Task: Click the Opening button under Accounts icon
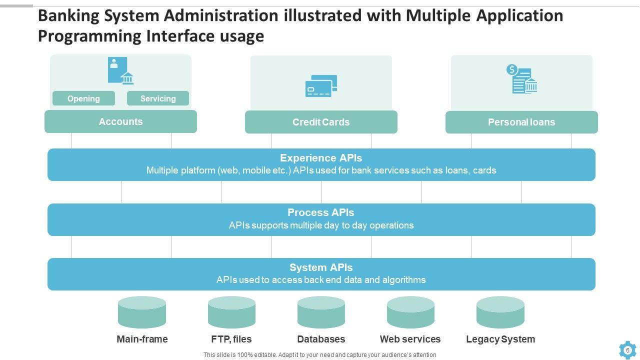coord(83,98)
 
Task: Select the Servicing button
coord(158,98)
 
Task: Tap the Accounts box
coord(120,121)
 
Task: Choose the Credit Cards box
coord(321,122)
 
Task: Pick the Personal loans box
coord(521,122)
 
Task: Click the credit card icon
coord(321,86)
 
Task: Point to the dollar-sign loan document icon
coord(521,79)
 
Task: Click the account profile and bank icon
coord(120,70)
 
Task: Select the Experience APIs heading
coord(321,158)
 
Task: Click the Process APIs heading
coord(321,212)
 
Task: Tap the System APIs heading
coord(321,267)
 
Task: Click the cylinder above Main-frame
coord(142,312)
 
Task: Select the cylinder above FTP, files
coord(231,312)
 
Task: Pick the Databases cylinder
coord(321,312)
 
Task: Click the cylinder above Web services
coord(410,312)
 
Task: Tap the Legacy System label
coord(500,339)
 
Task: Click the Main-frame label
coord(142,339)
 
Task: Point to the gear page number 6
coord(627,350)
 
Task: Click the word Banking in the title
coord(68,16)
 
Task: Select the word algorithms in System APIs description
coord(404,279)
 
